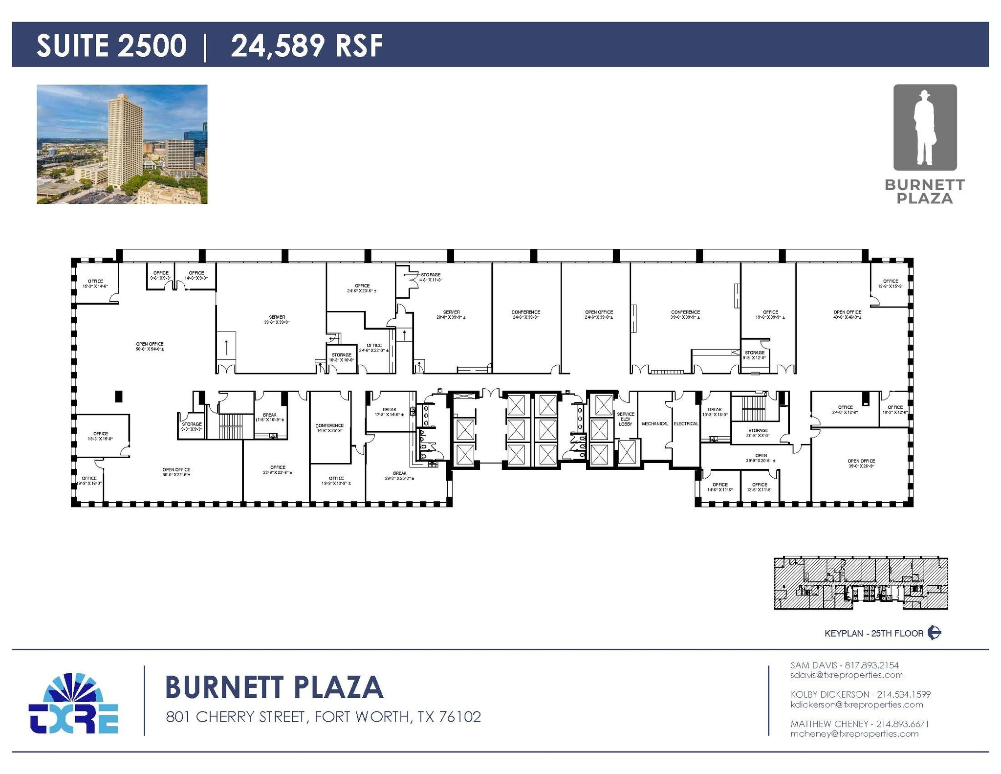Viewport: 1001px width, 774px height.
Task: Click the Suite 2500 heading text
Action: (x=111, y=45)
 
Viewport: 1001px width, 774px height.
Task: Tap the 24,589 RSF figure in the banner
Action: (x=306, y=45)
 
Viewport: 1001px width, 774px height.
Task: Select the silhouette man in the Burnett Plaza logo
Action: (x=924, y=129)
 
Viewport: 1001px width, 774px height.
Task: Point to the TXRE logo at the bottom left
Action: (x=73, y=704)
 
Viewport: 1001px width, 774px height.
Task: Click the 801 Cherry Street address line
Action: (x=323, y=717)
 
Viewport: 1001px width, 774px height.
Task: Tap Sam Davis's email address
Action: (x=847, y=675)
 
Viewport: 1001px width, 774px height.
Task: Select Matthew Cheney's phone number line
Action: (x=859, y=724)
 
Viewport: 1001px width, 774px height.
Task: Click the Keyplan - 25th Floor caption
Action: (x=874, y=633)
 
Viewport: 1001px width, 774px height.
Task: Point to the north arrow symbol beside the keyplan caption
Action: (x=935, y=633)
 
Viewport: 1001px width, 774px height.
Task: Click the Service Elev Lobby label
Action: (x=625, y=419)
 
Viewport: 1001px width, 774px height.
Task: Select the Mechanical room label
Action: (x=655, y=423)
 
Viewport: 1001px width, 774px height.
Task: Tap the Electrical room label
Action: (x=686, y=423)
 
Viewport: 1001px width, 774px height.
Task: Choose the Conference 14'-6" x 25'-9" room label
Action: (x=329, y=428)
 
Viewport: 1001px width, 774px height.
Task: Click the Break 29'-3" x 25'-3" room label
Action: (x=399, y=476)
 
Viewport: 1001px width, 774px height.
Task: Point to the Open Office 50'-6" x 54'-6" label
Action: (x=150, y=347)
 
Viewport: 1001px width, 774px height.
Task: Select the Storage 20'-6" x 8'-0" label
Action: (x=758, y=433)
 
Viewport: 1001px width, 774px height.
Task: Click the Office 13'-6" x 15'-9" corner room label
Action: (x=891, y=284)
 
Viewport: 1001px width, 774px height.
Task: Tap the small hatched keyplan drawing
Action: (x=861, y=583)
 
